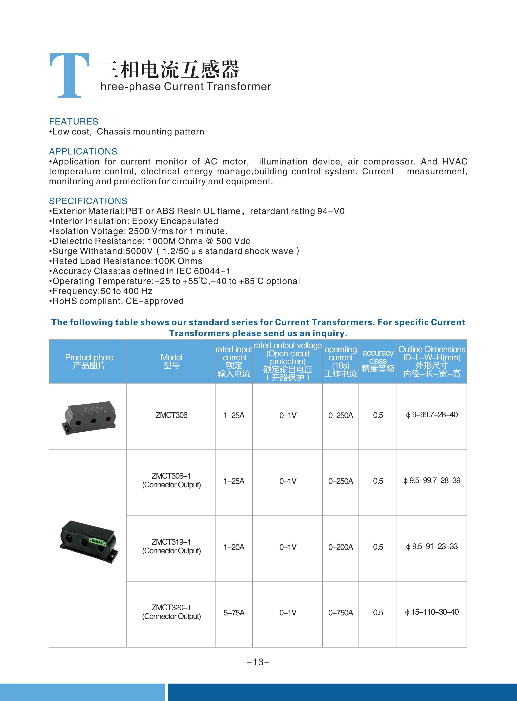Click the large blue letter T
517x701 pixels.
pyautogui.click(x=69, y=75)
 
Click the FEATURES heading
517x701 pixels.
pyautogui.click(x=74, y=121)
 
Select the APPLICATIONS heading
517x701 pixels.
pyautogui.click(x=83, y=151)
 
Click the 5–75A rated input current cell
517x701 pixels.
pyautogui.click(x=234, y=613)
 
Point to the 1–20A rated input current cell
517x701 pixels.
pyautogui.click(x=234, y=547)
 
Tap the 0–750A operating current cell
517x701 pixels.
pyautogui.click(x=340, y=613)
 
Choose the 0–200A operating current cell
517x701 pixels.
pyautogui.click(x=340, y=547)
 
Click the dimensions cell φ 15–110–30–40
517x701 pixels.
pyautogui.click(x=432, y=612)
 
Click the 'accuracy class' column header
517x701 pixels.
pyautogui.click(x=378, y=361)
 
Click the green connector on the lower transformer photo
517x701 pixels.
pyautogui.click(x=98, y=541)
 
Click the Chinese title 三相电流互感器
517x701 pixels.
pyautogui.click(x=170, y=69)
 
